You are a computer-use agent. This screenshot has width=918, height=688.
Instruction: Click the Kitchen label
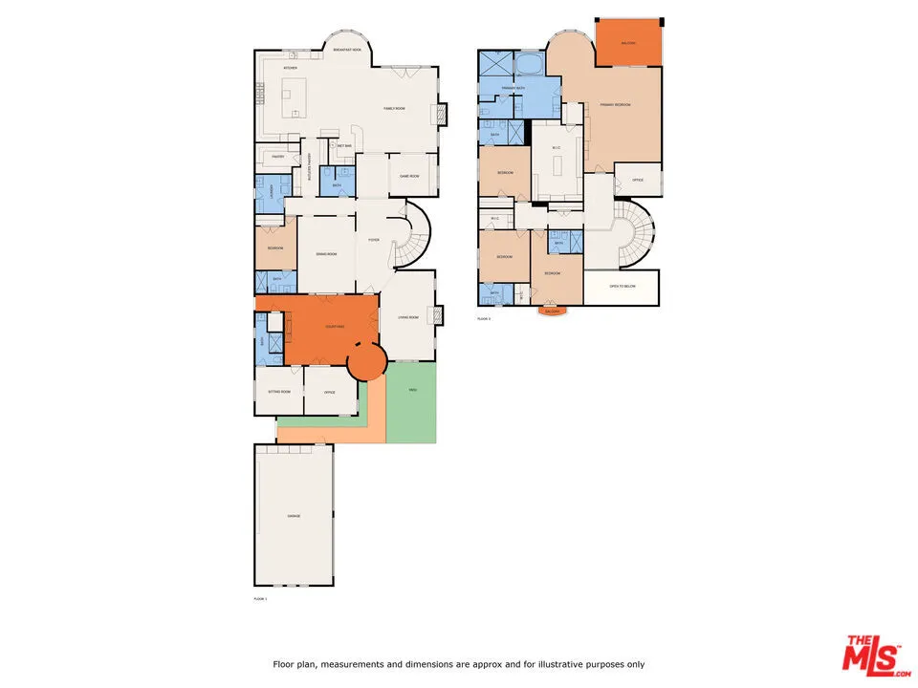(x=290, y=69)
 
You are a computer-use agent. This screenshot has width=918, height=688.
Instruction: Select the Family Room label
(x=395, y=108)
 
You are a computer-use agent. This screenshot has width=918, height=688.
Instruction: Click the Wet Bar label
(x=344, y=146)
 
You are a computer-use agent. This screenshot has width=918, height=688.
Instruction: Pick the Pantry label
(x=277, y=156)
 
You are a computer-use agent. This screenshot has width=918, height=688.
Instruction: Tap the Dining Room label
(x=326, y=254)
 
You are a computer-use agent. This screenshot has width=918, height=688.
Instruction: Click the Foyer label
(x=374, y=240)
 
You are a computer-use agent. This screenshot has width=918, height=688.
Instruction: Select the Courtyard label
(x=335, y=327)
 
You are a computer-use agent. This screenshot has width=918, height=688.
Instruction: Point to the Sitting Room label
(x=278, y=393)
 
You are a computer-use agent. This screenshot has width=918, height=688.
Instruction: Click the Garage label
(x=294, y=516)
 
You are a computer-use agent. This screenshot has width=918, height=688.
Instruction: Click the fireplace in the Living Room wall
(x=439, y=315)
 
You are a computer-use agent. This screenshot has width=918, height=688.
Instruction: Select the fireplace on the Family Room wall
(x=442, y=115)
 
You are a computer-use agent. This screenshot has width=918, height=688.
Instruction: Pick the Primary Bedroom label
(x=615, y=104)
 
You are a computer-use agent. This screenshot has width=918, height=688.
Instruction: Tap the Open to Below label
(x=623, y=286)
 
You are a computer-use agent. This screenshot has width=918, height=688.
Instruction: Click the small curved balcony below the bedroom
(x=551, y=311)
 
